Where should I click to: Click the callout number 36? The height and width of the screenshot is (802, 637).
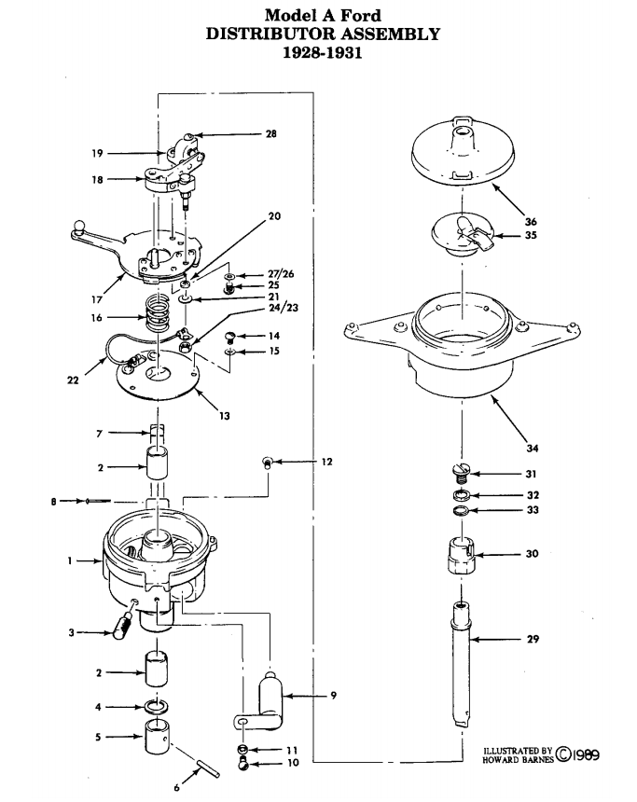[531, 221]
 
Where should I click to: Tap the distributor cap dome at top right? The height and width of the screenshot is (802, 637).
[463, 150]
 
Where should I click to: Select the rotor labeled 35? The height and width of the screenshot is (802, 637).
[462, 235]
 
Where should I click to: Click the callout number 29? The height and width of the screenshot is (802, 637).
[533, 639]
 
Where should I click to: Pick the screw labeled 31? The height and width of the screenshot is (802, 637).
[461, 473]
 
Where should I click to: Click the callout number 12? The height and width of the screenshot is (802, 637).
[326, 462]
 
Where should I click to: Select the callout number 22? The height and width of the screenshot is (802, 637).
[73, 380]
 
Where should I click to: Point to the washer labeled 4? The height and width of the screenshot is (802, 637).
[157, 707]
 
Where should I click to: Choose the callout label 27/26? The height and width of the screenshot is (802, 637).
[281, 274]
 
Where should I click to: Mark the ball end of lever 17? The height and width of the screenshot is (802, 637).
[79, 226]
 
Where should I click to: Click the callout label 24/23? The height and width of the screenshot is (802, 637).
[283, 308]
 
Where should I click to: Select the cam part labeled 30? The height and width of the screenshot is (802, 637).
[459, 555]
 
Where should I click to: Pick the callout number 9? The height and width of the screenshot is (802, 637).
[333, 695]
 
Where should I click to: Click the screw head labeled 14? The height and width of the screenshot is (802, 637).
[230, 336]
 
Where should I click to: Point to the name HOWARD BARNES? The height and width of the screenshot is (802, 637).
[518, 759]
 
